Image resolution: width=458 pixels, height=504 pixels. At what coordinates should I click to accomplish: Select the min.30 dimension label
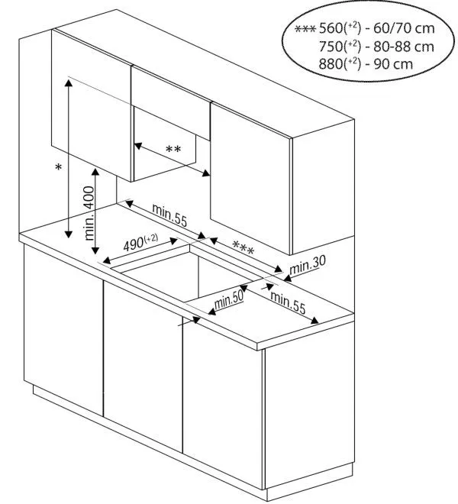(308, 263)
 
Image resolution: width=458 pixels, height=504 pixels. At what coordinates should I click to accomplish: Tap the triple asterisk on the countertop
(244, 248)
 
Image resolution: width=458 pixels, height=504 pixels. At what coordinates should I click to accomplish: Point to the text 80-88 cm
(405, 47)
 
